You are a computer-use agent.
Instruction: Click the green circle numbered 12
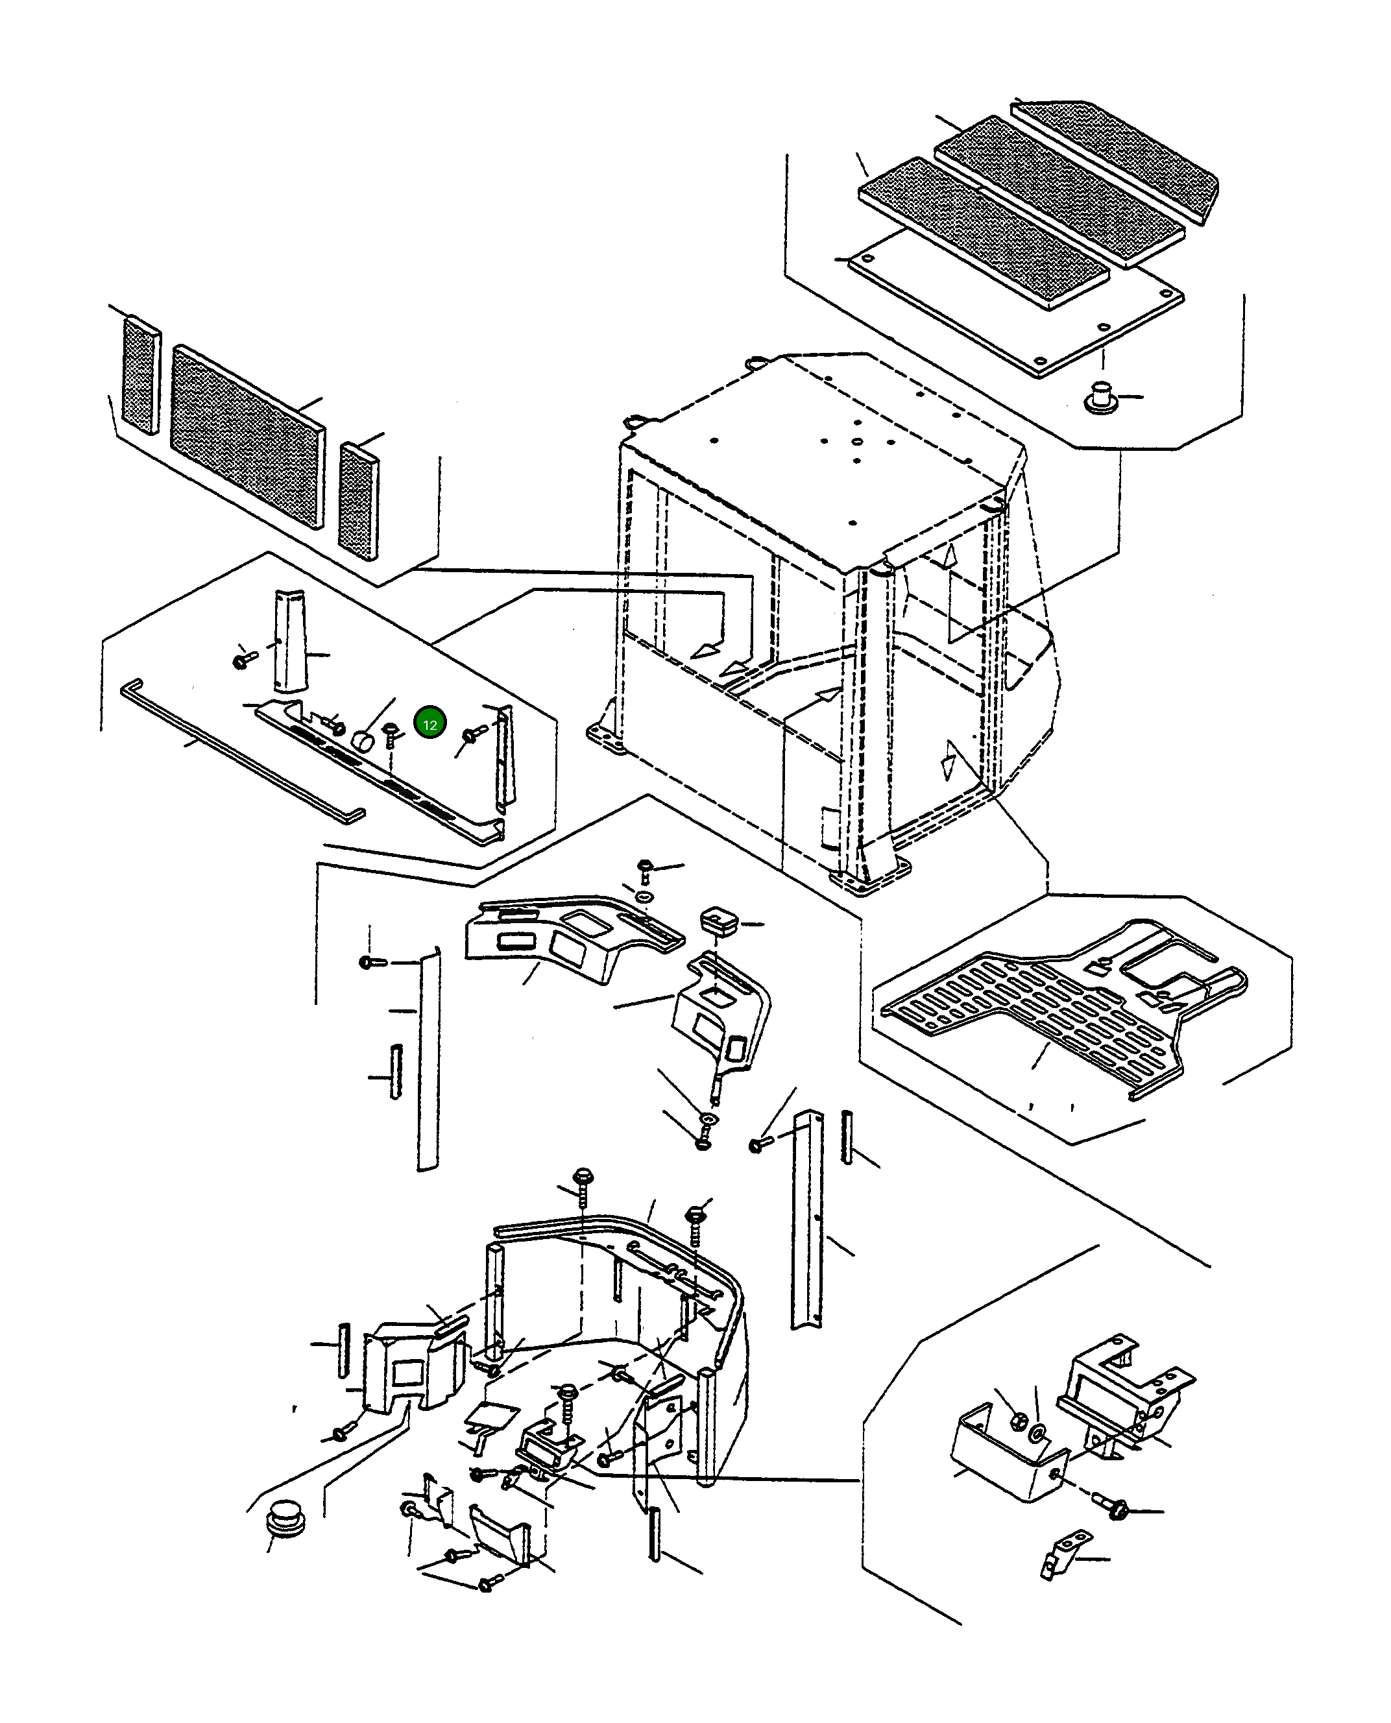[429, 724]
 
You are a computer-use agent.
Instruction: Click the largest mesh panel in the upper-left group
[248, 436]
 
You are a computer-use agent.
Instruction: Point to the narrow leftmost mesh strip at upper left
[140, 375]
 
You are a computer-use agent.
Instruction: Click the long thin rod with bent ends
[241, 751]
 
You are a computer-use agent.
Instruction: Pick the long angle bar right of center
[806, 1218]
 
